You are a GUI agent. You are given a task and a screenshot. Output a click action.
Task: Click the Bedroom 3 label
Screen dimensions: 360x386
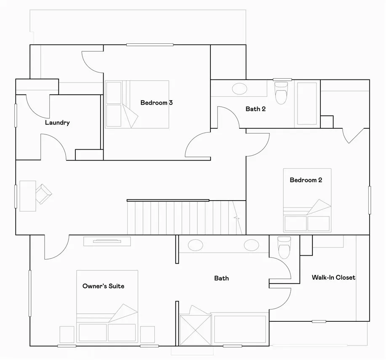pos(157,103)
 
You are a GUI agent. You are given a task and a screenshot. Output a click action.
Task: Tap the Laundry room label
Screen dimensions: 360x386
pos(57,123)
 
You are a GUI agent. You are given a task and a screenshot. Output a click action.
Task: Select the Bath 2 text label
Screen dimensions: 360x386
pos(256,109)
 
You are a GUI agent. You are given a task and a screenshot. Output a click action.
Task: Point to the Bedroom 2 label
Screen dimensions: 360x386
pos(306,180)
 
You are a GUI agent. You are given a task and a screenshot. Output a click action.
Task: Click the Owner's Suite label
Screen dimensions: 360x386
pos(103,286)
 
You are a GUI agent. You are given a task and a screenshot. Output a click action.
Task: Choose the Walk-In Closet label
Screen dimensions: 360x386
pos(333,278)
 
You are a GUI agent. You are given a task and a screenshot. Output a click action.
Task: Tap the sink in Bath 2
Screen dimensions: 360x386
pos(240,89)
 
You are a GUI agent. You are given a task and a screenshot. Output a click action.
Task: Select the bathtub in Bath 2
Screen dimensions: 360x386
pos(307,103)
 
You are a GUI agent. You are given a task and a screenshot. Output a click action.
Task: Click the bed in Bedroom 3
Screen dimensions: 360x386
pos(137,104)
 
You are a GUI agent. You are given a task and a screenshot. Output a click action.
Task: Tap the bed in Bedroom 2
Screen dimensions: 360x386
pos(307,200)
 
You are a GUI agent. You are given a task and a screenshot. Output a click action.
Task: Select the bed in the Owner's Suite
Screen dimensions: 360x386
pos(107,306)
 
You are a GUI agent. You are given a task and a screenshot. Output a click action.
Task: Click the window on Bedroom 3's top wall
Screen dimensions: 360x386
pos(150,45)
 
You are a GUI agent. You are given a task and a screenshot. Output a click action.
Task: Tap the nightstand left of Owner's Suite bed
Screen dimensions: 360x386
pos(67,335)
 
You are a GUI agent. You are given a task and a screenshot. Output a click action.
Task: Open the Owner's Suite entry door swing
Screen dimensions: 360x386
pos(56,248)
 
